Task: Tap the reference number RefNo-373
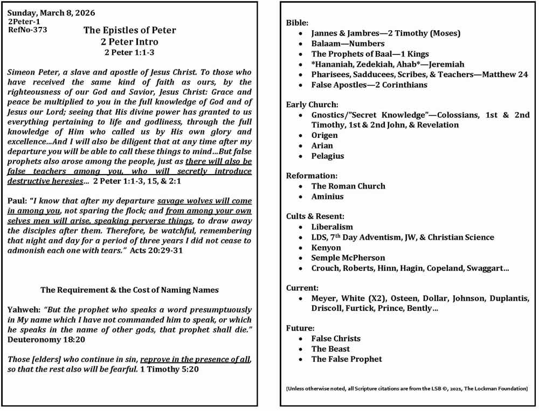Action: coord(27,30)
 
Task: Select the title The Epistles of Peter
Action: coord(129,30)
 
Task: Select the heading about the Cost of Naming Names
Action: coord(129,290)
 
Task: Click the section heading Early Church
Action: coord(312,105)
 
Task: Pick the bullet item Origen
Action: coord(324,135)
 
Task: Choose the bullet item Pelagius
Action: coord(327,156)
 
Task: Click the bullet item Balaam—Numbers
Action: coord(348,44)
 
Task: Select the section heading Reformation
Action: coord(312,176)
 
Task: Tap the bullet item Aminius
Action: coord(327,197)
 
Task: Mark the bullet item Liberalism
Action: coord(332,227)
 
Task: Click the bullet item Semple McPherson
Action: coord(348,257)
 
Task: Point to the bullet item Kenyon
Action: coord(326,247)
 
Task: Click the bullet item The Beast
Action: coord(330,349)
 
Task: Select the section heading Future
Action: coord(301,328)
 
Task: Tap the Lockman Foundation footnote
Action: coord(406,388)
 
